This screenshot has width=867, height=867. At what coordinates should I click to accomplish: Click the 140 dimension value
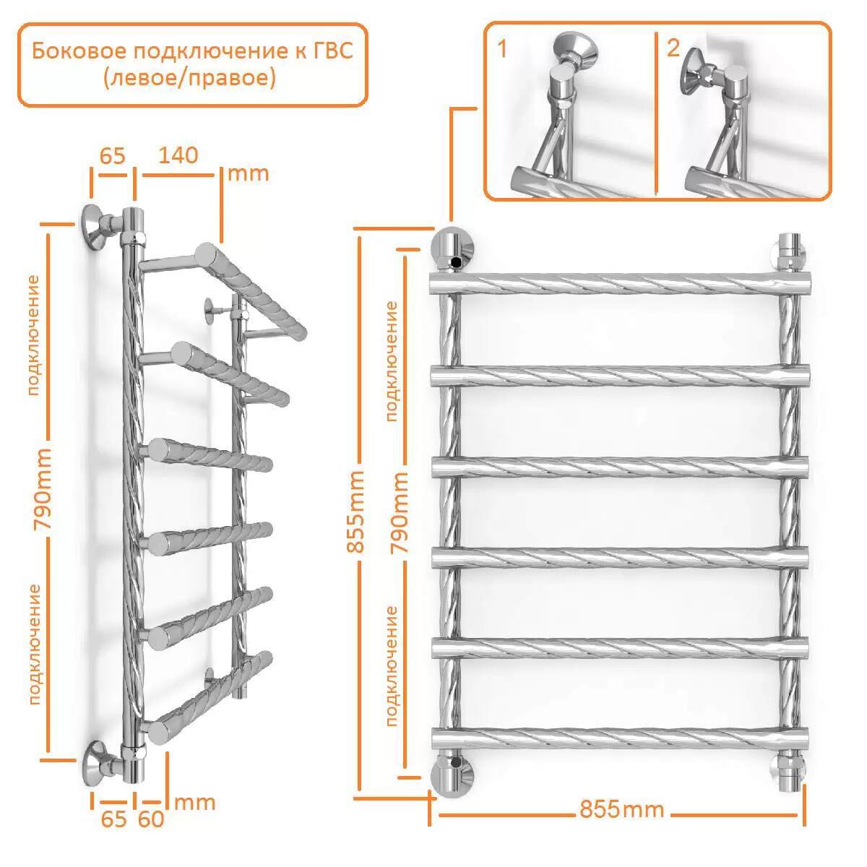pos(178,155)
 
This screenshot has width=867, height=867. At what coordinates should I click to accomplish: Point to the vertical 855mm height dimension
pos(355,511)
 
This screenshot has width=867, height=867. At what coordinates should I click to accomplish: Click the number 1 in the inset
pos(502,48)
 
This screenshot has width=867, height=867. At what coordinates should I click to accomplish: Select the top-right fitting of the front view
pos(790,253)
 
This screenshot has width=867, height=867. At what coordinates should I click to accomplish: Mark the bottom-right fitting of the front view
pos(790,772)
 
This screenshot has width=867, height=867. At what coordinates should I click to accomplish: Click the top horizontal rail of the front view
pos(621,283)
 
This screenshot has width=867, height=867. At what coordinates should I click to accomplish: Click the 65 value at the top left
pos(113,156)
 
